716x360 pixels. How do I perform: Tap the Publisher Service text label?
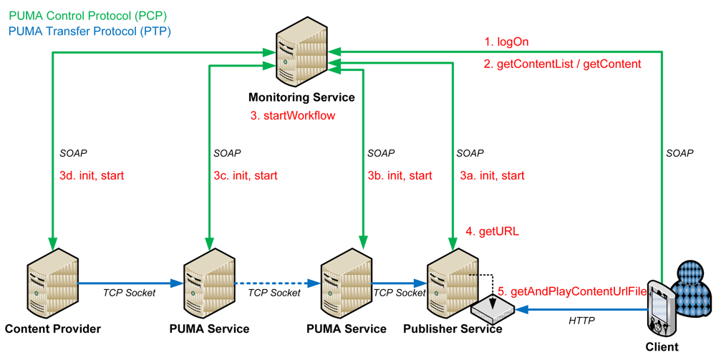pos(453,329)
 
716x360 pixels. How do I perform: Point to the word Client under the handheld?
pos(661,346)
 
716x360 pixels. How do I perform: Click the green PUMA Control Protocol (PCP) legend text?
pos(87,16)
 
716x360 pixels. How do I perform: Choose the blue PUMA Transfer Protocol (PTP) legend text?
pos(89,31)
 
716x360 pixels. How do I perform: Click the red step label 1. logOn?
pos(506,42)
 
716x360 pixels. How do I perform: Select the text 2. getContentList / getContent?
pos(562,64)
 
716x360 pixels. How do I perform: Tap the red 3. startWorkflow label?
pos(293,115)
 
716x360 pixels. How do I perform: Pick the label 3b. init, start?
pos(400,175)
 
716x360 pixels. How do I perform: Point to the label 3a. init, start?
pos(492,175)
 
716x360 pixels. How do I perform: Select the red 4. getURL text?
pos(492,231)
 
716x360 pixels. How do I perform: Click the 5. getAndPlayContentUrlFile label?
pos(573,292)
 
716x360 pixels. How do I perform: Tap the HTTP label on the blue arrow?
pos(581,321)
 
